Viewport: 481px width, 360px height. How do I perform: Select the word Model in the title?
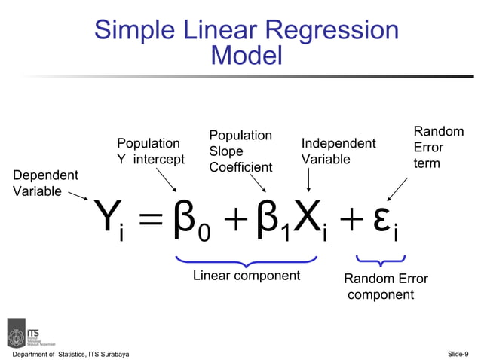(x=247, y=56)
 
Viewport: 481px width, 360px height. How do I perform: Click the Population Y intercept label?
(x=150, y=151)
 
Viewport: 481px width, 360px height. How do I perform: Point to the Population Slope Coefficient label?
(x=240, y=151)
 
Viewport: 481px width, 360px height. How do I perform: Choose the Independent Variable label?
(x=339, y=151)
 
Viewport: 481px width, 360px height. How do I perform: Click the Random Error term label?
(x=438, y=147)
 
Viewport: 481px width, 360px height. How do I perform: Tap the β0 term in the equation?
(x=193, y=221)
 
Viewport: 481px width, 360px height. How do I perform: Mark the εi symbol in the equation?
(x=386, y=221)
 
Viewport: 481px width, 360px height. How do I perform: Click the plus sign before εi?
(x=351, y=219)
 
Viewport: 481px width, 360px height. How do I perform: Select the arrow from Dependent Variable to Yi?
(x=77, y=197)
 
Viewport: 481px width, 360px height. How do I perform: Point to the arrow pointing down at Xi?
(x=309, y=181)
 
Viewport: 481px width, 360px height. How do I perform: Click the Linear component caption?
(x=247, y=276)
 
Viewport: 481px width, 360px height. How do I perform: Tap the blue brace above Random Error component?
(x=381, y=262)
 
